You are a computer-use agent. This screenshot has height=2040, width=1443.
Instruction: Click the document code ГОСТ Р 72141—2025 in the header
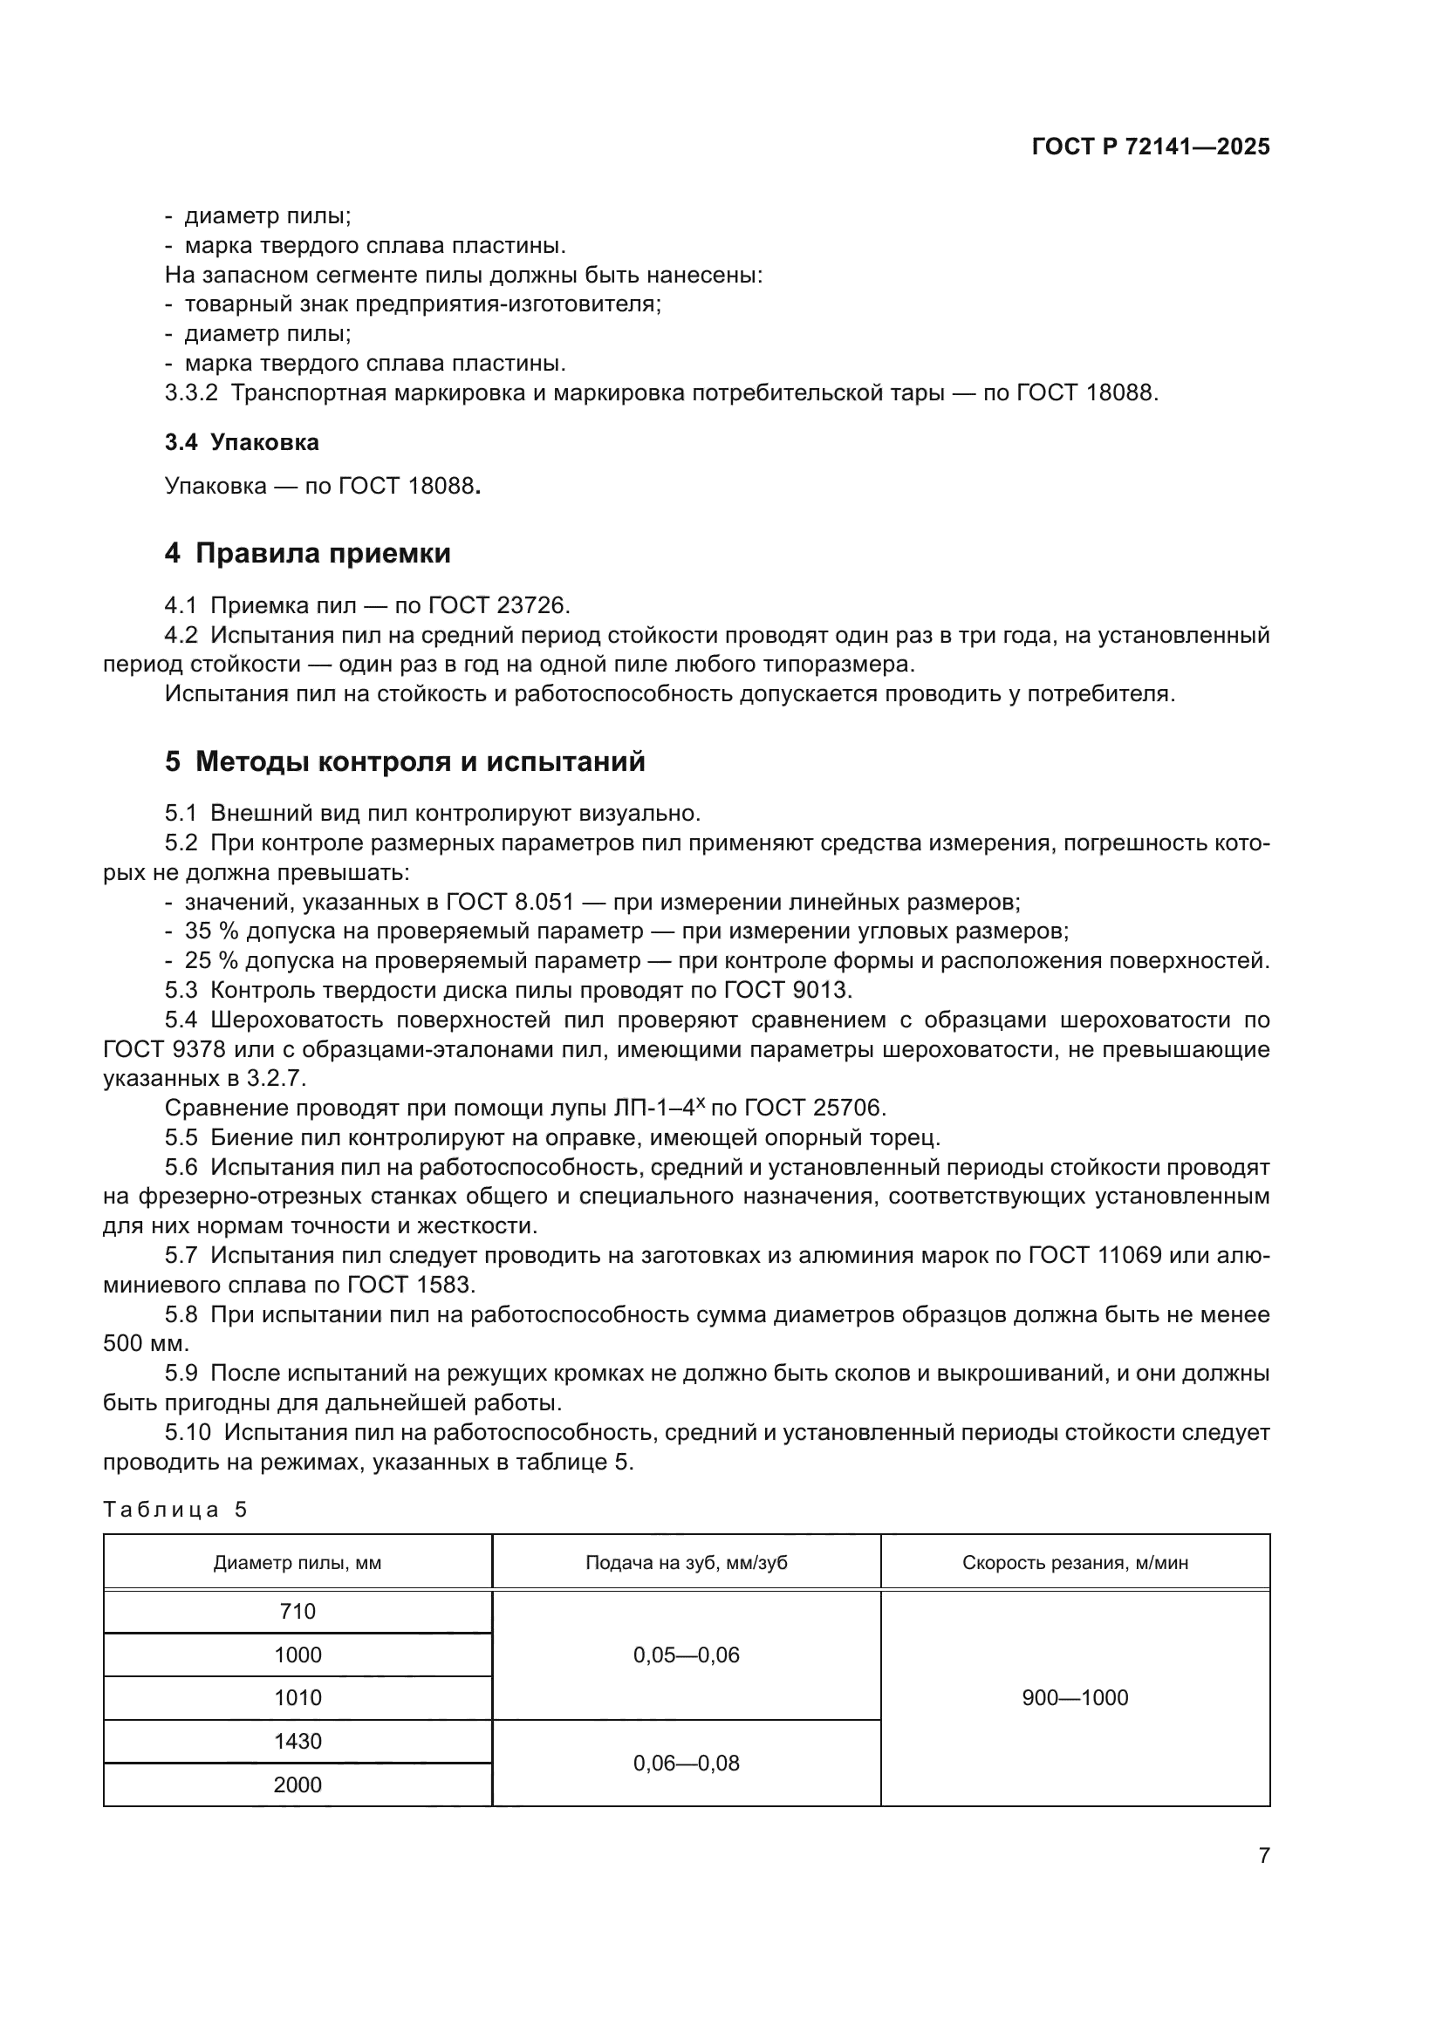1151,147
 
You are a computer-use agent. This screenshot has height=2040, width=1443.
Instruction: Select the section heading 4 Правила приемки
307,554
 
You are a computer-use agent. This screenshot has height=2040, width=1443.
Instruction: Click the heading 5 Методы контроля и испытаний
405,761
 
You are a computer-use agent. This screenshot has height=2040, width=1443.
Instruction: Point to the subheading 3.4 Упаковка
242,442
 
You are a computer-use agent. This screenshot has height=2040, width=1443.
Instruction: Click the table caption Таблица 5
175,1510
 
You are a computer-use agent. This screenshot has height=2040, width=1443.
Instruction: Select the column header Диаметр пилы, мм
297,1563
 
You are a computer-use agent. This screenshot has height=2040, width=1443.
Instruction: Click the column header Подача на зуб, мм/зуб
686,1563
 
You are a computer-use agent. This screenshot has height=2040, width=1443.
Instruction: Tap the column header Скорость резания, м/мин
1075,1563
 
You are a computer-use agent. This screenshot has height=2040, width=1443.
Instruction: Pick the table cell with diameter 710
297,1612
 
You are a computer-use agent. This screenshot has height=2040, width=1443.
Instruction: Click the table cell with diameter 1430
297,1742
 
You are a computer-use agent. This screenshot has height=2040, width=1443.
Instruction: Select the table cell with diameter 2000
297,1785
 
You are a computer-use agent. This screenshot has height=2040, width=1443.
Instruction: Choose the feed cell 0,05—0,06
686,1655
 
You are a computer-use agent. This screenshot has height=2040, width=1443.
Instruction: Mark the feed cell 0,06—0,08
686,1764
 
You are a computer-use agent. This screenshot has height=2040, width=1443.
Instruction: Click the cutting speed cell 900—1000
1075,1698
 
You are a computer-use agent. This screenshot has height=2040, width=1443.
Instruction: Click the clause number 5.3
181,990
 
